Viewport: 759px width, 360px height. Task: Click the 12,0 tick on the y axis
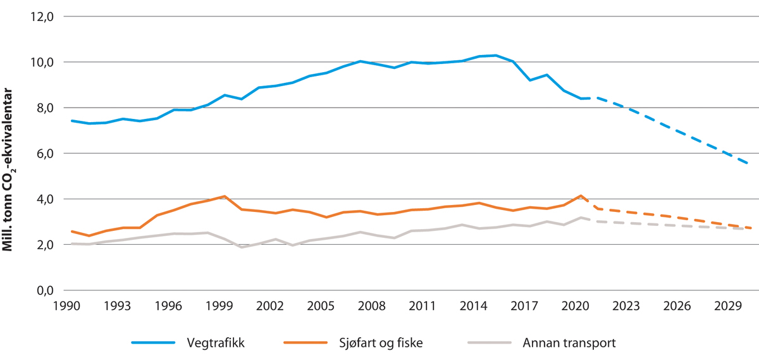(x=42, y=17)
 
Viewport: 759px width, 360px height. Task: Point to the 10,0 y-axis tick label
(x=42, y=63)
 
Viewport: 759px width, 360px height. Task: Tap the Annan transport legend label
(x=569, y=343)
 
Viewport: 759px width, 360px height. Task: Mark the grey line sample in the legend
(x=490, y=343)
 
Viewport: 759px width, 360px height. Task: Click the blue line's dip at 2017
(x=529, y=80)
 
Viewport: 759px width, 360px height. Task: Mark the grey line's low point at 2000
(x=242, y=247)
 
